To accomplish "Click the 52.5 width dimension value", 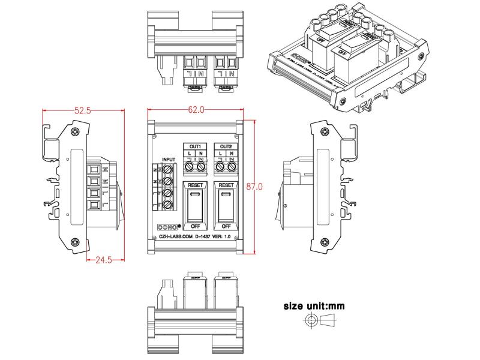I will tap(82, 110).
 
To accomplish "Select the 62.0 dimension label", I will tap(196, 110).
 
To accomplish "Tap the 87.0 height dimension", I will tap(254, 187).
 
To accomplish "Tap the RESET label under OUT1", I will tap(195, 186).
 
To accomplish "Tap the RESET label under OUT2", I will tap(226, 186).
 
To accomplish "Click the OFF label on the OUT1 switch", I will tap(195, 226).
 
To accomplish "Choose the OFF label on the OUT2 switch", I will tap(226, 226).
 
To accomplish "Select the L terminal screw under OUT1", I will tap(190, 167).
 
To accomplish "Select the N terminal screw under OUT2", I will tap(231, 167).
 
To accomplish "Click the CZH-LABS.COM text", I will tap(174, 237).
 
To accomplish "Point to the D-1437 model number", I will tap(206, 237).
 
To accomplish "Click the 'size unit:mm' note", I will tap(314, 306).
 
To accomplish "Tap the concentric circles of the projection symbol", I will tap(310, 322).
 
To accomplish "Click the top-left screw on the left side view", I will tap(74, 131).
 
